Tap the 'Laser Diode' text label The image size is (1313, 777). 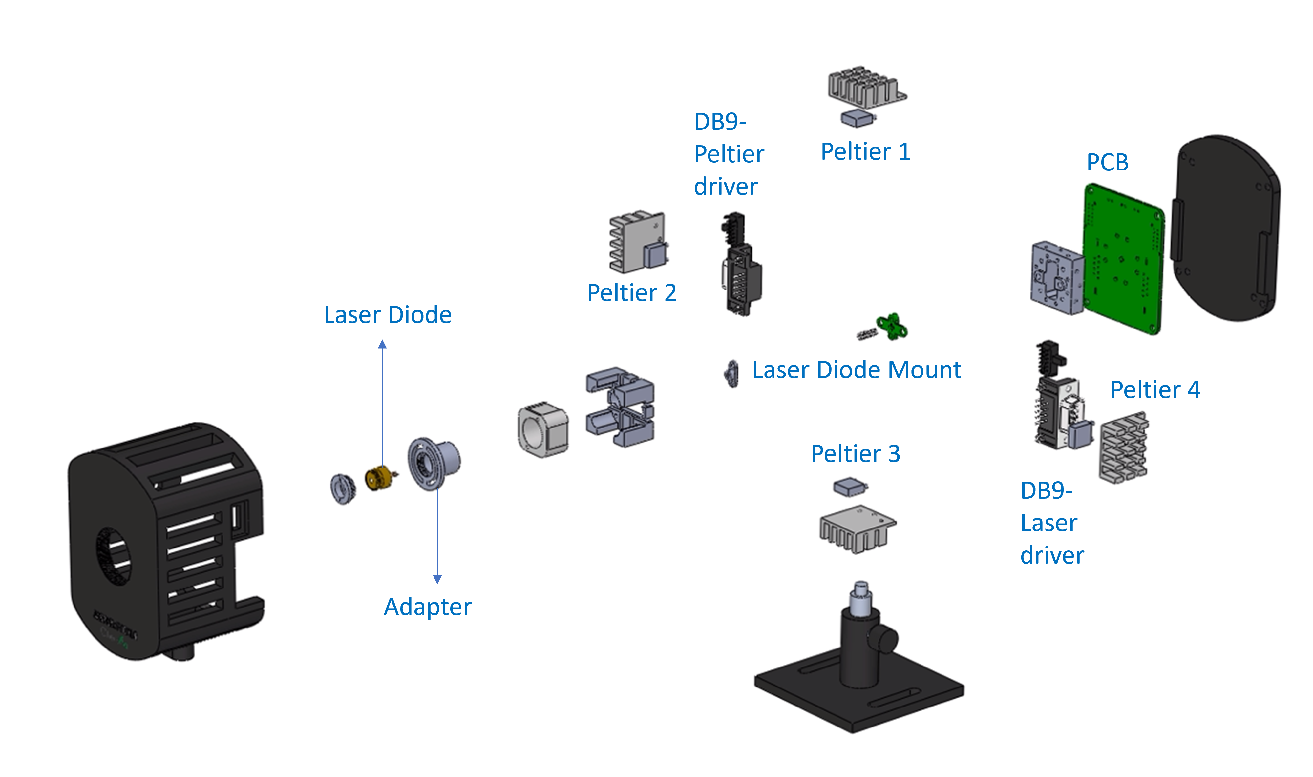pyautogui.click(x=387, y=315)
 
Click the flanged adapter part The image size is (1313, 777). pyautogui.click(x=433, y=463)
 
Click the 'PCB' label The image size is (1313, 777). pyautogui.click(x=1107, y=162)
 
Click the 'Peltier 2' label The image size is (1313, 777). pyautogui.click(x=631, y=293)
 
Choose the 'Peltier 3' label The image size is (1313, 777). pyautogui.click(x=855, y=454)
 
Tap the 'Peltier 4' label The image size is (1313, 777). pyautogui.click(x=1155, y=390)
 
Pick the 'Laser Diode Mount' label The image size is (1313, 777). pyautogui.click(x=856, y=370)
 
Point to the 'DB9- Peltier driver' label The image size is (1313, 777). pyautogui.click(x=728, y=154)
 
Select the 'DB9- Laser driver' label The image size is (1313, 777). pyautogui.click(x=1051, y=523)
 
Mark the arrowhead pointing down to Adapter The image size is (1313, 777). pyautogui.click(x=437, y=579)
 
